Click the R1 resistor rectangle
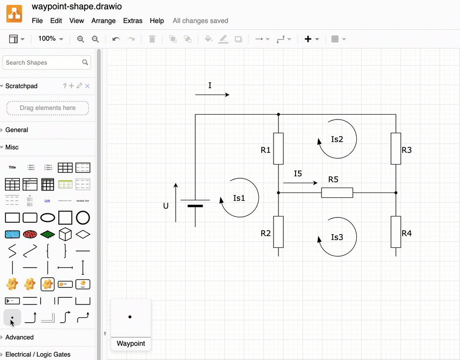[278, 148]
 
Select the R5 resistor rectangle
[337, 192]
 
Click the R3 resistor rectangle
[396, 148]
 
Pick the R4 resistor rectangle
[396, 232]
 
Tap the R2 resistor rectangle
[278, 232]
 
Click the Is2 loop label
[337, 139]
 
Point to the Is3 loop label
[337, 237]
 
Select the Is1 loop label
[239, 198]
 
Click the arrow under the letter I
[212, 95]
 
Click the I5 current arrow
[300, 183]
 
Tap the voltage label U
[166, 206]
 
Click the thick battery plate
[195, 206]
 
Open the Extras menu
[133, 21]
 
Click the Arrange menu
[103, 21]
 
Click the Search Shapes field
[43, 63]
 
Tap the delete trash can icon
[152, 39]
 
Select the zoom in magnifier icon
[81, 39]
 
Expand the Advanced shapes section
[20, 337]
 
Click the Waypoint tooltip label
[131, 343]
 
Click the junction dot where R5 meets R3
[396, 192]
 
